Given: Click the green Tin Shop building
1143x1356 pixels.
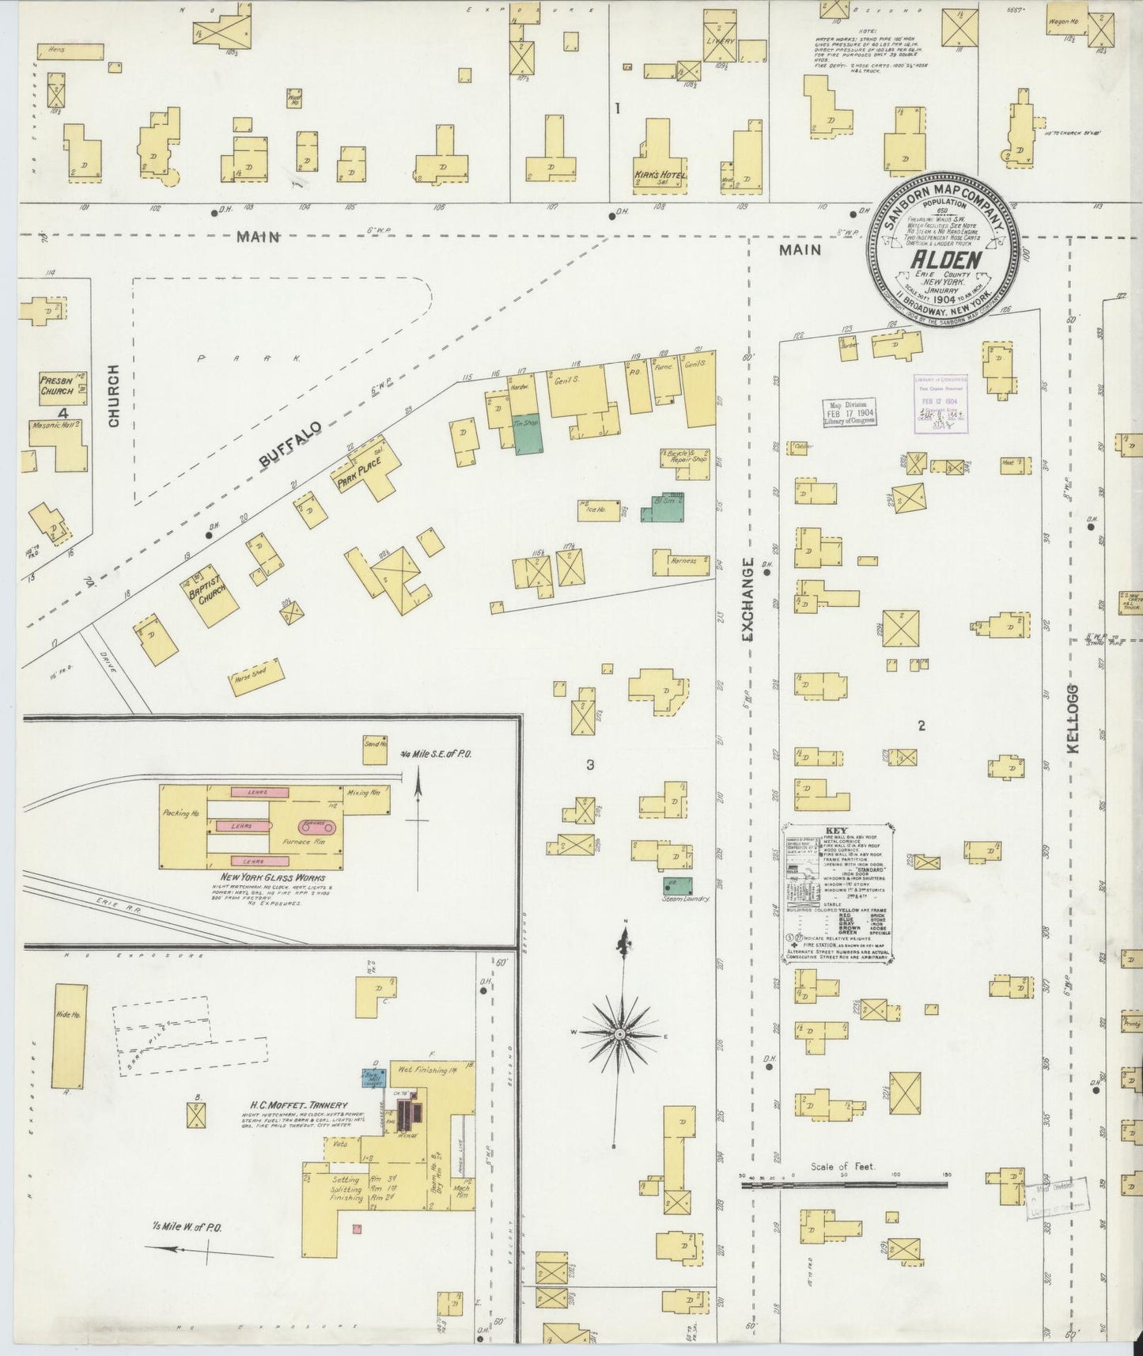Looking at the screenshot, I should (x=528, y=434).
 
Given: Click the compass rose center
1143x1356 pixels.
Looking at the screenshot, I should (x=621, y=1034).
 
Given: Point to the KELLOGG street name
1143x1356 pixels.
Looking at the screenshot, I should (x=1073, y=718).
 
